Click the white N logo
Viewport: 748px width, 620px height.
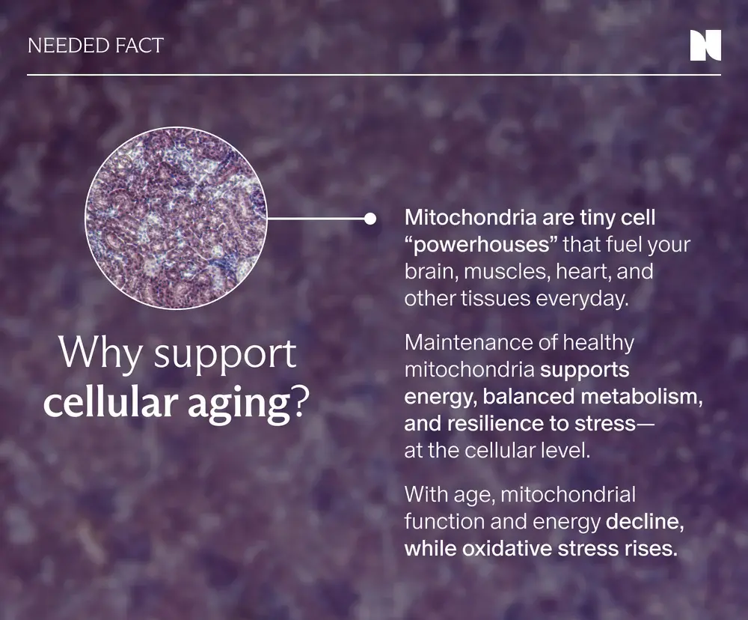[705, 46]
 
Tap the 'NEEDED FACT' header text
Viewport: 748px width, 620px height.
[96, 46]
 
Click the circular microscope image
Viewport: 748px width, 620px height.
[176, 219]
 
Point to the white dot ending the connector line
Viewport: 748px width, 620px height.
[370, 219]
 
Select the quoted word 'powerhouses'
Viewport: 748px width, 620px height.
[481, 245]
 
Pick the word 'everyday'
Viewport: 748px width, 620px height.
[582, 300]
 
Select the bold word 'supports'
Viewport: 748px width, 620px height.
[584, 371]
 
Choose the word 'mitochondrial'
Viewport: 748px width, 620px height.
[568, 495]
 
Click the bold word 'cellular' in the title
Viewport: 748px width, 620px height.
[111, 404]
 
